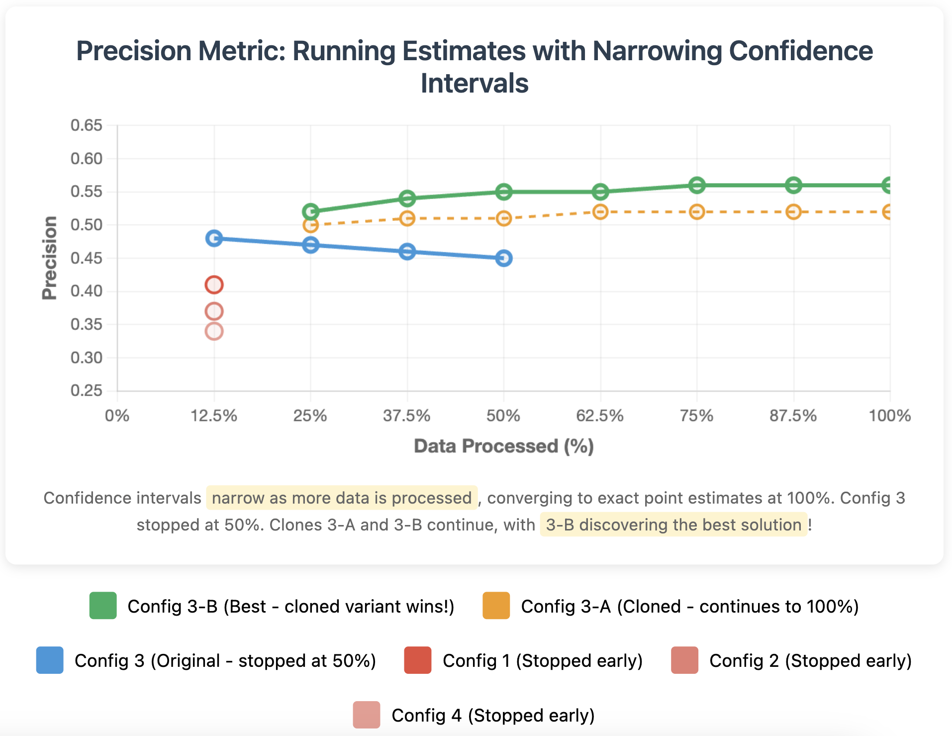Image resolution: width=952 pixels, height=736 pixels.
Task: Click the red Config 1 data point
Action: pos(214,285)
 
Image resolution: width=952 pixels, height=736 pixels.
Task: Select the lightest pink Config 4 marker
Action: pos(214,331)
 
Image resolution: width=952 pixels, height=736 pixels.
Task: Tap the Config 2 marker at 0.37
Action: pos(214,312)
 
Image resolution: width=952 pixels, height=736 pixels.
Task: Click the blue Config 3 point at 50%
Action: pos(504,258)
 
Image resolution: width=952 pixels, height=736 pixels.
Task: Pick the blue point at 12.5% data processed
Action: pos(214,238)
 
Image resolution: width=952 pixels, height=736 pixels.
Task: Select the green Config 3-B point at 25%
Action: pos(310,211)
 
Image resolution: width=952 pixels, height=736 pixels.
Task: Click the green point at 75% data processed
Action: pos(697,185)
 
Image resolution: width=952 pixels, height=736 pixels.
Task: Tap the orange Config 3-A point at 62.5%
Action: pos(600,212)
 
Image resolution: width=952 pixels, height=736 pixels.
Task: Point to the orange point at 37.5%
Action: pos(407,218)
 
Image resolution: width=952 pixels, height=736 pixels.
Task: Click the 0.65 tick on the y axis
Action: pos(87,125)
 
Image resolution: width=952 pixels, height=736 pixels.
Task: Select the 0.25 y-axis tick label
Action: pos(87,391)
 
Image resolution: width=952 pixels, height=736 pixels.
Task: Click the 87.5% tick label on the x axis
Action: pos(793,416)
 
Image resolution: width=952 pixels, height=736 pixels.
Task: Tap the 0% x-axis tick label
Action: pos(117,416)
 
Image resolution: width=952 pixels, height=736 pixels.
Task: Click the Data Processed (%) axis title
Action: pos(503,446)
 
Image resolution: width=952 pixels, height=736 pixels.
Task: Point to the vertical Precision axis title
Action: pos(50,258)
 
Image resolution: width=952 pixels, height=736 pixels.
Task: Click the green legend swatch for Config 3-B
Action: pos(103,606)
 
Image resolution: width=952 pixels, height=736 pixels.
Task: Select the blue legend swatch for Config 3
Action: pos(50,660)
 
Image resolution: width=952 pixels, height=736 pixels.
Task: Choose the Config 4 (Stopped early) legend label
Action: pos(493,715)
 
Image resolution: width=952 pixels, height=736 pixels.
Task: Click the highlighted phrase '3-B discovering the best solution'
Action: pos(673,525)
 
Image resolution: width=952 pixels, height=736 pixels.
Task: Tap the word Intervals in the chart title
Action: pos(475,83)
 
